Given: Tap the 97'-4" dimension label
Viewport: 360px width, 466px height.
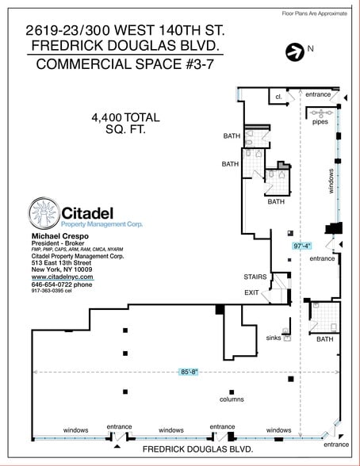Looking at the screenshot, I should click(x=301, y=246).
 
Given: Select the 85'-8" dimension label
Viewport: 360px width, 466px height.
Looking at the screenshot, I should click(x=190, y=372).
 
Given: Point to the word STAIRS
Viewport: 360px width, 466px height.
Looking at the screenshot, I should click(x=255, y=277).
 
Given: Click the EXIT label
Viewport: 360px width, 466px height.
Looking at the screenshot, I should click(x=252, y=293).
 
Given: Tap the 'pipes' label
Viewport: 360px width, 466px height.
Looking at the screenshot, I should click(x=320, y=122).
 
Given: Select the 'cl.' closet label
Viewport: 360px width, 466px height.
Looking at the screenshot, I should click(x=279, y=97).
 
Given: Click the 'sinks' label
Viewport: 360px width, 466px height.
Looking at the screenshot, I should click(x=273, y=338).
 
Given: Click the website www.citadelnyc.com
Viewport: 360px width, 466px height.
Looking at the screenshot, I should click(x=63, y=277).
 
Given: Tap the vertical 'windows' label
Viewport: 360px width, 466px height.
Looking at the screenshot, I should click(x=331, y=181).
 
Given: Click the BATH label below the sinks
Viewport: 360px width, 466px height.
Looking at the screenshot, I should click(x=325, y=339).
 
